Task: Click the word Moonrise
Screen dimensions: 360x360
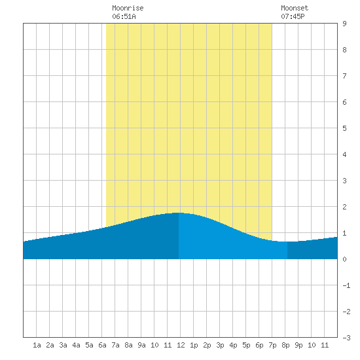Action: click(x=128, y=8)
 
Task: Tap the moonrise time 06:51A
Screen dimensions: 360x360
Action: click(x=124, y=16)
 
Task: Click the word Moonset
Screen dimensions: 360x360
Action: click(x=295, y=8)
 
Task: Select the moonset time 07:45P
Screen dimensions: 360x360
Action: click(x=293, y=16)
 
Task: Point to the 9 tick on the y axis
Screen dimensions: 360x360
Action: click(x=344, y=24)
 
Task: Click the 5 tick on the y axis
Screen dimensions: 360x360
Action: click(x=344, y=128)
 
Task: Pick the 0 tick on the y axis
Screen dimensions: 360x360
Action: click(x=344, y=259)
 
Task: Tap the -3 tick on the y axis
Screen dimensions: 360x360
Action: click(x=346, y=338)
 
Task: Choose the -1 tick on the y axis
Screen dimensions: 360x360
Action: click(x=346, y=285)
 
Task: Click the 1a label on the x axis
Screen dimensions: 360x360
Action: click(x=37, y=345)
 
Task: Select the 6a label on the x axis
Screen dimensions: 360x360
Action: click(x=102, y=345)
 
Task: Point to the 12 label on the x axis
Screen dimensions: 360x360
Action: click(x=181, y=345)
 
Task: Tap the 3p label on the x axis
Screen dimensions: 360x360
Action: click(x=220, y=345)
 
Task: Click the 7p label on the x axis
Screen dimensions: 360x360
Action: click(x=272, y=345)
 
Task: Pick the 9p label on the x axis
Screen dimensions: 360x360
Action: click(x=298, y=345)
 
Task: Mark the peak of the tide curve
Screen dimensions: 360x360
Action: click(x=179, y=213)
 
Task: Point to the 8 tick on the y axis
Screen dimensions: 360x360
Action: click(x=344, y=50)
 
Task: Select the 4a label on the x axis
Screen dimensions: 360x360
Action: click(x=76, y=345)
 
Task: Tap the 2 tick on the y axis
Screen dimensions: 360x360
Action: click(x=344, y=207)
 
